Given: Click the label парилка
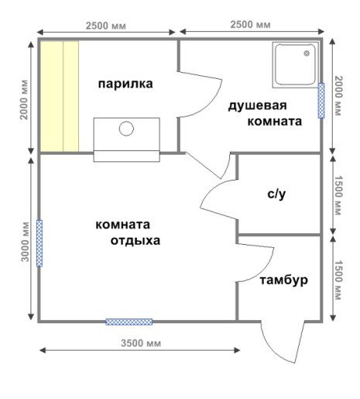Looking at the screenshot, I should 125,83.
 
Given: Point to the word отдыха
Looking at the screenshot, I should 134,240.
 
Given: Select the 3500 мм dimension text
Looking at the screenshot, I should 139,342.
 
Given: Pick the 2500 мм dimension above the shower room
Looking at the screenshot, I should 251,24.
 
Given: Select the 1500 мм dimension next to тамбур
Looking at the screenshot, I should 338,279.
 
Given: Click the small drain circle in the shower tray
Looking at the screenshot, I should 306,54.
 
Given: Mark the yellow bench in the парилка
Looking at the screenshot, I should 60,95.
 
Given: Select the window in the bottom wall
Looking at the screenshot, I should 129,322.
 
